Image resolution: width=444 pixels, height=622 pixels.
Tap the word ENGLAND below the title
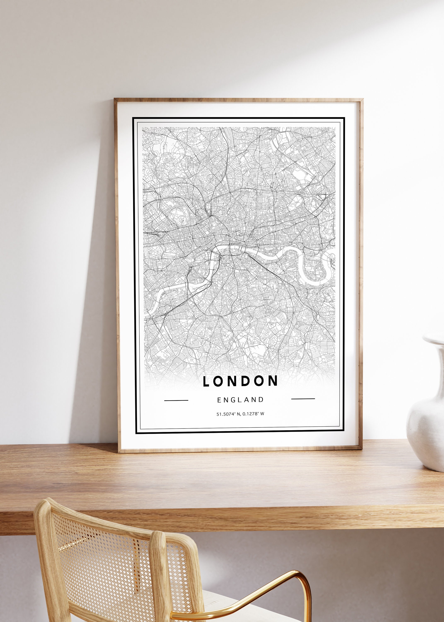(240, 400)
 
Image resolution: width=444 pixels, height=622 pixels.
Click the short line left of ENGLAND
(176, 400)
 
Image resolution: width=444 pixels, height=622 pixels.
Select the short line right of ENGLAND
(303, 399)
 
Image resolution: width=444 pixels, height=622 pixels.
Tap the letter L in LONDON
(206, 381)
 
